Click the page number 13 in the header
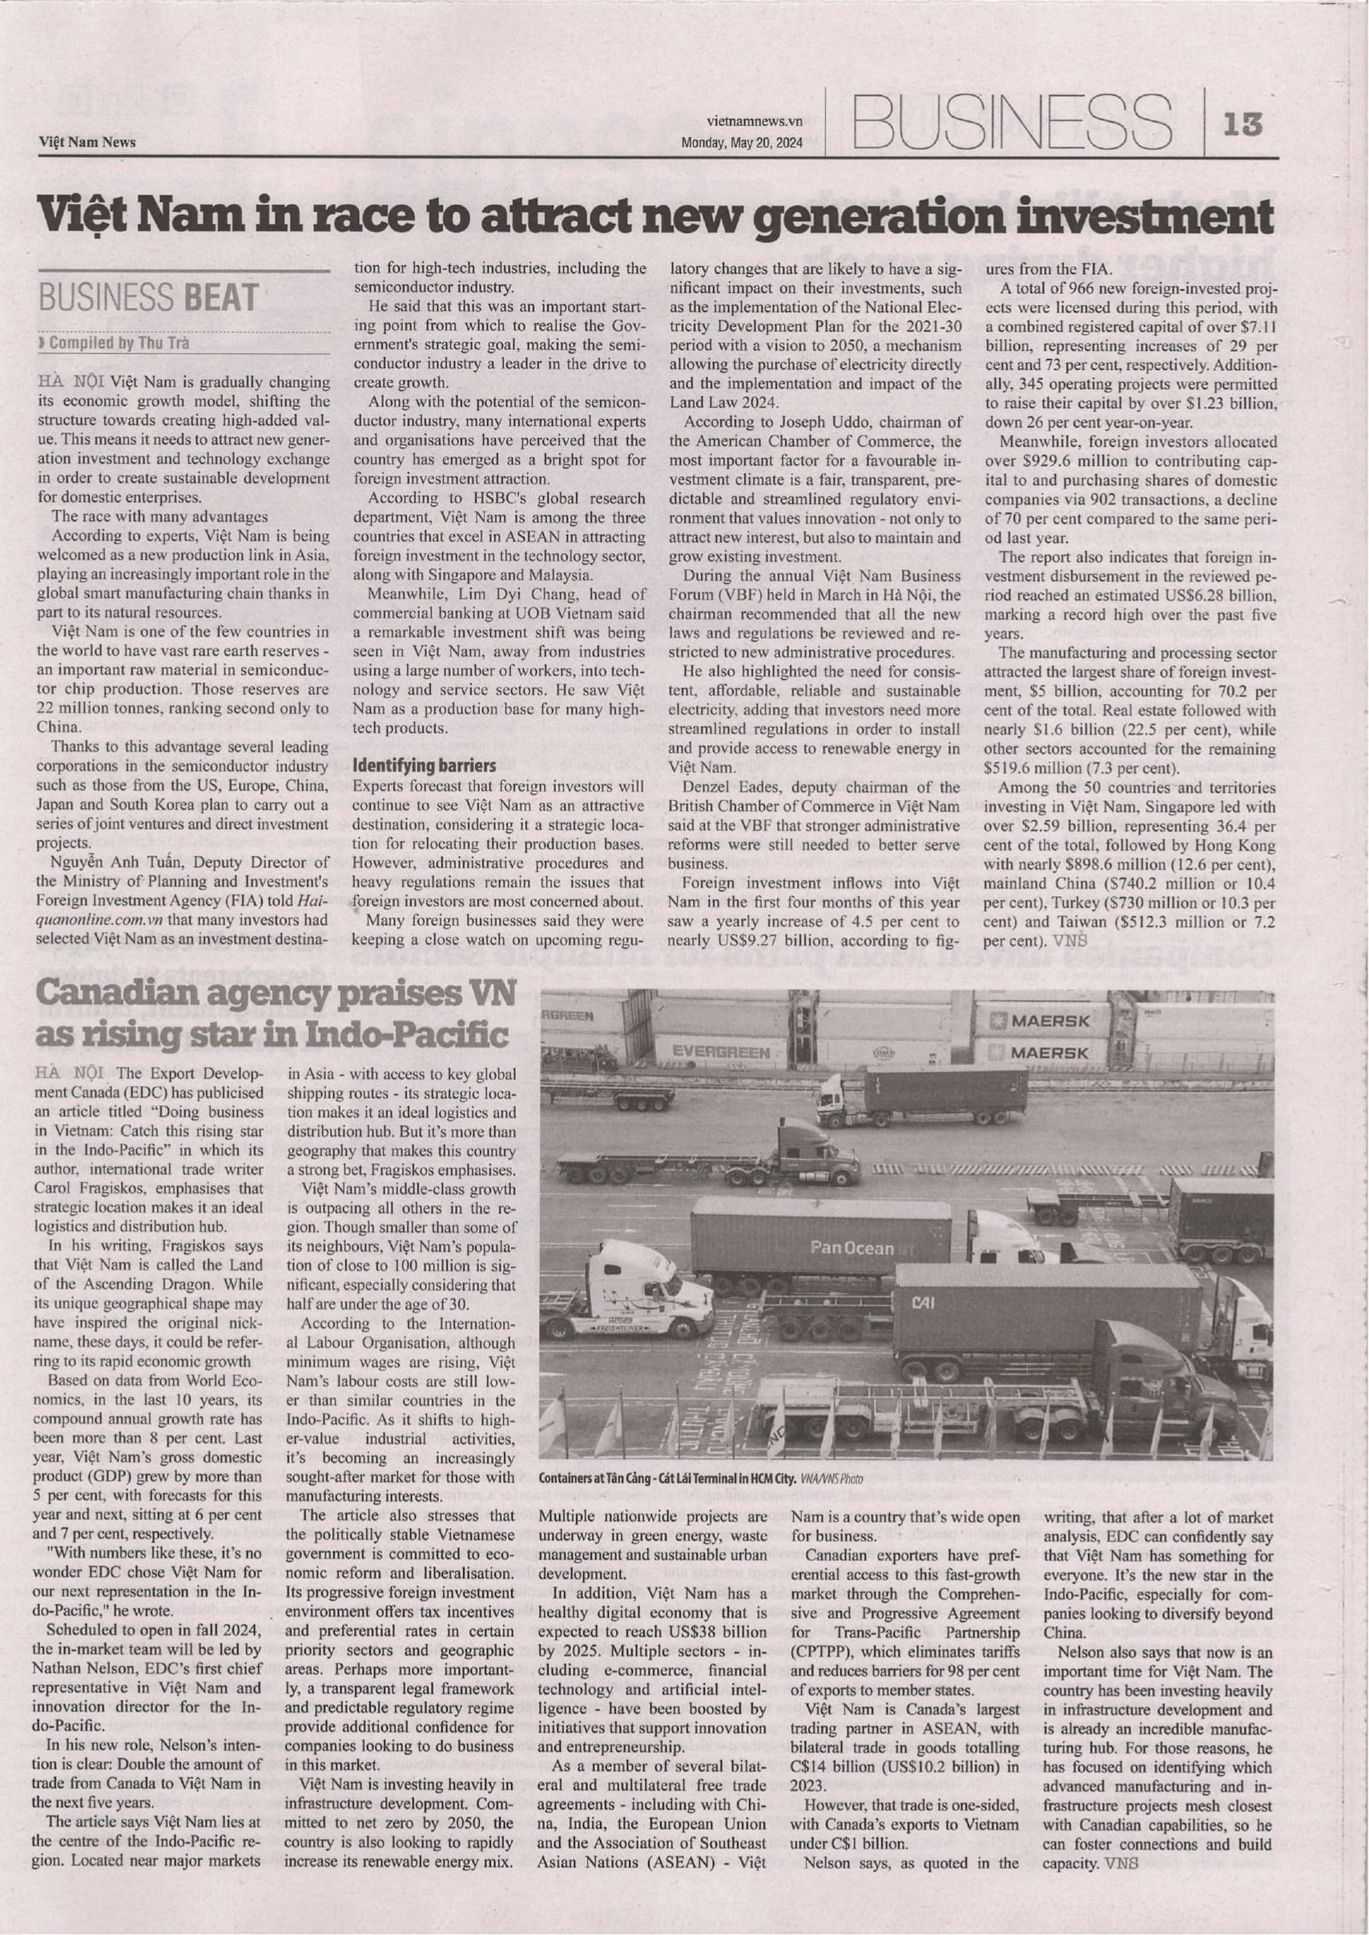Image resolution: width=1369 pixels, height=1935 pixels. [x=1244, y=124]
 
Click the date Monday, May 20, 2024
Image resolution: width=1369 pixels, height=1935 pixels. [x=742, y=143]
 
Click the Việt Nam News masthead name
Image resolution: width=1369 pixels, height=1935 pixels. [x=87, y=143]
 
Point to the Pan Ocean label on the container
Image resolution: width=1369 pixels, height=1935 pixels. [x=852, y=1247]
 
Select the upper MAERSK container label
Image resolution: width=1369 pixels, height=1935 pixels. [x=1049, y=1020]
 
